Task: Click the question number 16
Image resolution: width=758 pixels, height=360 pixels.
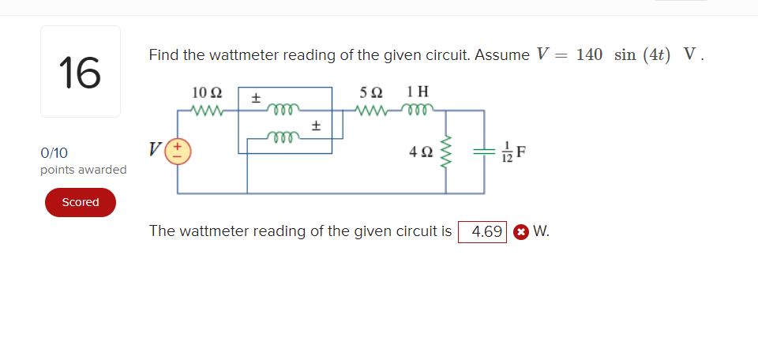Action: tap(80, 72)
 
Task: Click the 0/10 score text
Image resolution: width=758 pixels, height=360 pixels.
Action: tap(54, 153)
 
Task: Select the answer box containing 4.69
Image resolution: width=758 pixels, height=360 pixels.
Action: tap(482, 231)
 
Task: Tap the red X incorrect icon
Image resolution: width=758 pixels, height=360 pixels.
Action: tap(520, 232)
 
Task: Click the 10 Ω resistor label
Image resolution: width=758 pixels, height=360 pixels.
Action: tap(206, 92)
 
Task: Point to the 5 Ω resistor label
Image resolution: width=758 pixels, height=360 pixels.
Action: tap(371, 92)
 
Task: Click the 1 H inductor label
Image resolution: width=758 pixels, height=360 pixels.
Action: tap(418, 92)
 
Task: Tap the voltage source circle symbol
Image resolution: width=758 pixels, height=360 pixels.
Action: tap(178, 150)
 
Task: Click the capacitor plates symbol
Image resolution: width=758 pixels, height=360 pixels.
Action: tap(482, 150)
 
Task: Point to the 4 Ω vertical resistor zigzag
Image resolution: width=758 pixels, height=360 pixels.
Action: tap(447, 150)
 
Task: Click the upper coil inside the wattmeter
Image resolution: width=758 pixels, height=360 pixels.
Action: tap(282, 110)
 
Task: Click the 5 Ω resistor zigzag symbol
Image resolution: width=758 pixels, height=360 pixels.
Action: tap(371, 111)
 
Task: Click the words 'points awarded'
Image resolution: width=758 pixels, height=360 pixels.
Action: tap(83, 170)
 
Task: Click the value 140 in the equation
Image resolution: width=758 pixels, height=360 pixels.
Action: tap(589, 54)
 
